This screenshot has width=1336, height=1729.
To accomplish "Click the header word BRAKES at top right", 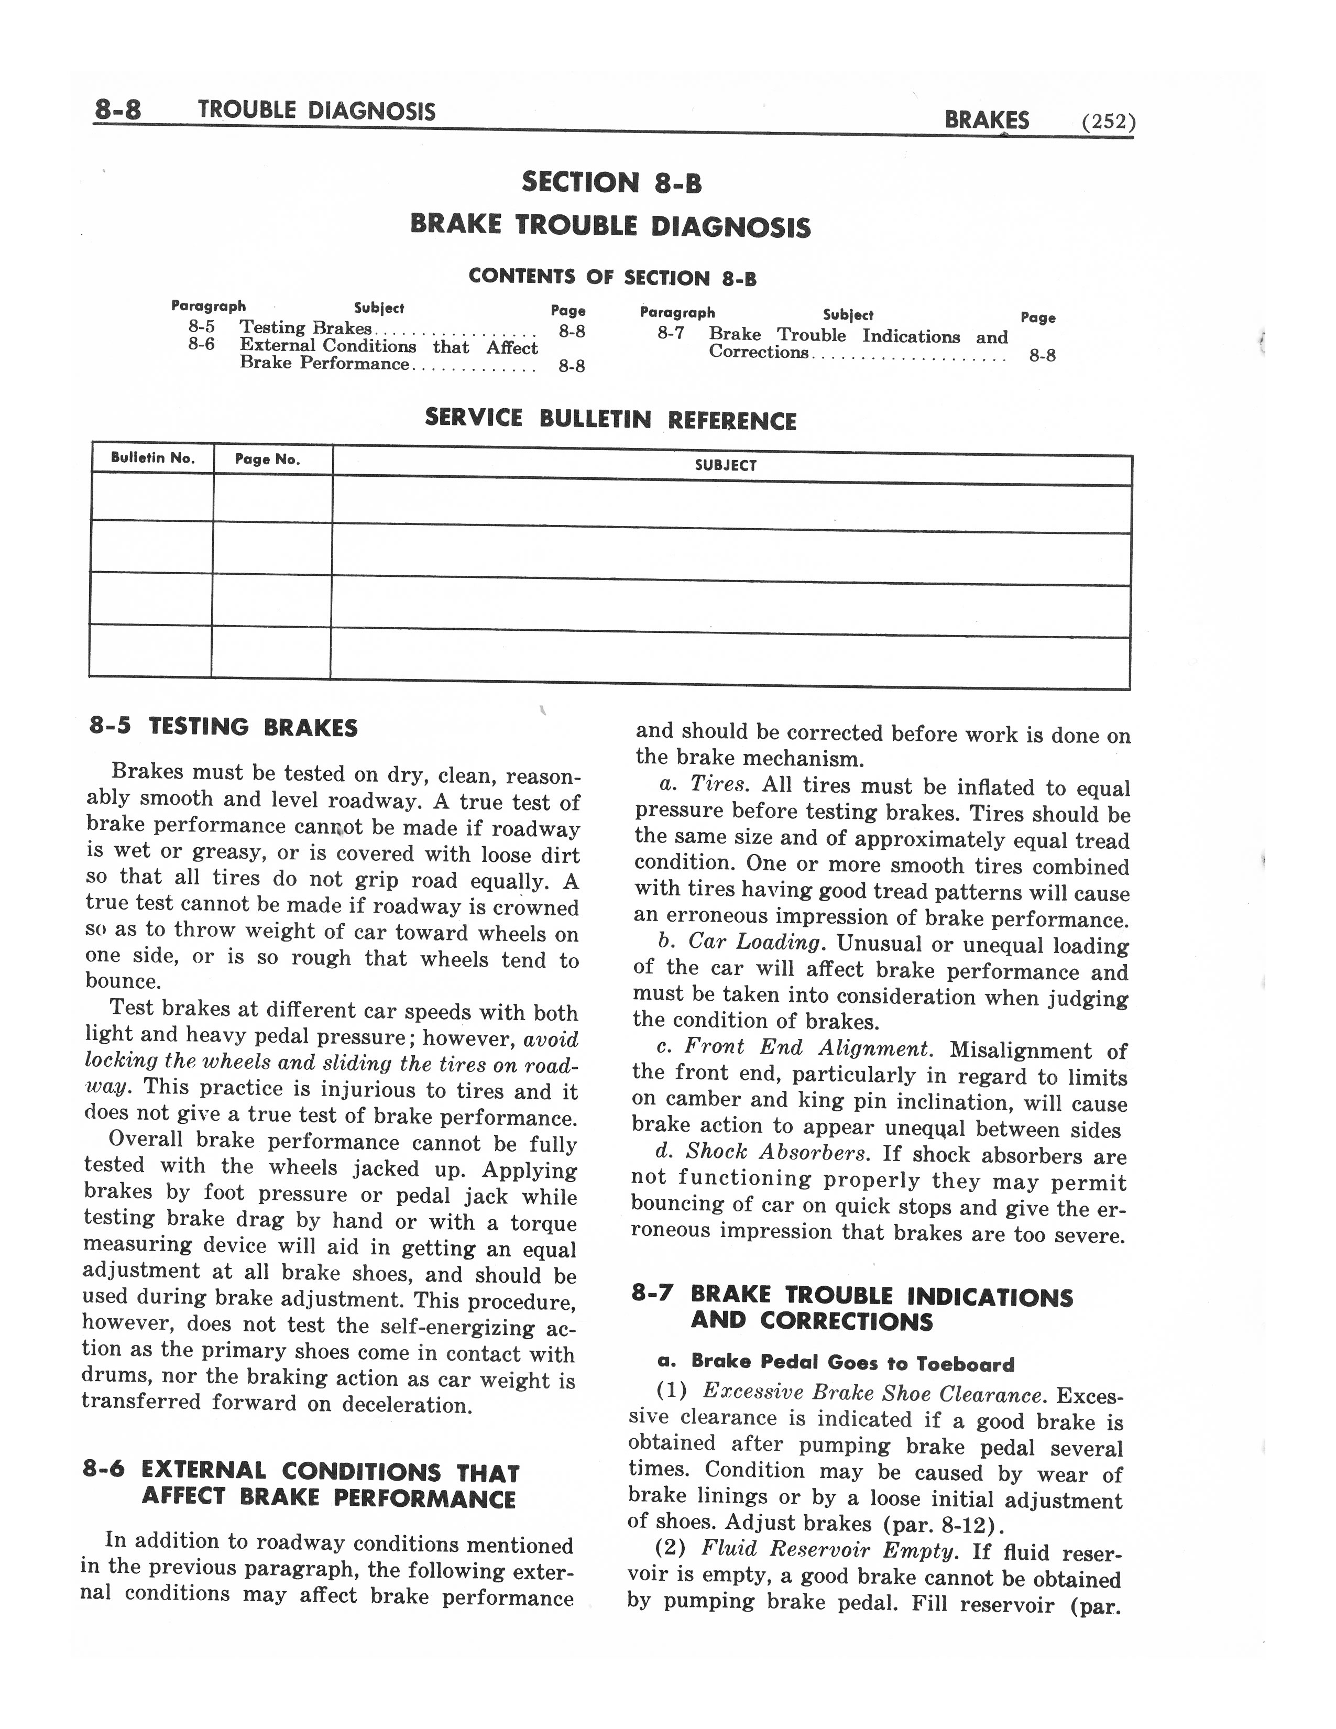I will pyautogui.click(x=986, y=121).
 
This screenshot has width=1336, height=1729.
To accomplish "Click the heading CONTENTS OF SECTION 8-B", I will pyautogui.click(x=612, y=277).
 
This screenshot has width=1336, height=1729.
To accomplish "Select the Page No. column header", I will pyautogui.click(x=268, y=459).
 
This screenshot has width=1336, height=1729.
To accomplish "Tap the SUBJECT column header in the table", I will pyautogui.click(x=725, y=465).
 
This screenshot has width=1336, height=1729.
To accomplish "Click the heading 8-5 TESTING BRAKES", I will pyautogui.click(x=223, y=727).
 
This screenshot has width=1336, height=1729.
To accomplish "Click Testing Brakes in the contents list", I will pyautogui.click(x=305, y=328).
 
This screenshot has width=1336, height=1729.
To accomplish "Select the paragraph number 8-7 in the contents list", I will pyautogui.click(x=671, y=333).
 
